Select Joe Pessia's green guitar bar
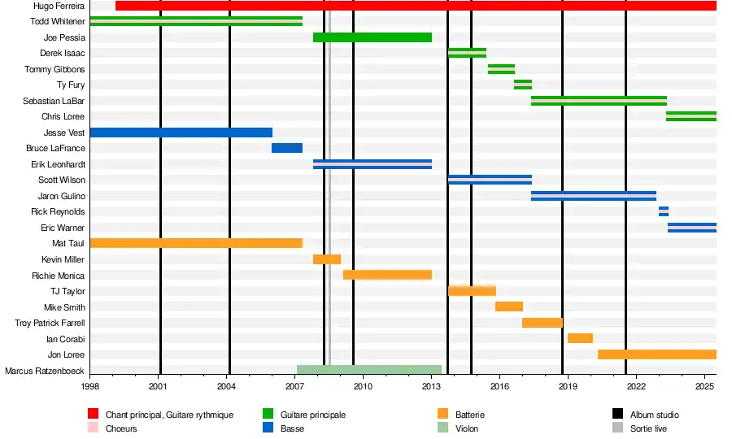tap(372, 37)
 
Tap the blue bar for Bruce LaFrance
tap(286, 148)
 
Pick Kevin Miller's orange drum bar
tap(326, 259)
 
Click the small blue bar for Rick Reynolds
tap(664, 211)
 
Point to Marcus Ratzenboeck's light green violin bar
tap(368, 370)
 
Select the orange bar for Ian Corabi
tap(580, 338)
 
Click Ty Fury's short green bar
tap(522, 85)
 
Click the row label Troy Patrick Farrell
tap(50, 323)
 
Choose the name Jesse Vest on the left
tap(64, 133)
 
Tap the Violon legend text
tap(467, 428)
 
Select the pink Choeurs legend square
tap(92, 428)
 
